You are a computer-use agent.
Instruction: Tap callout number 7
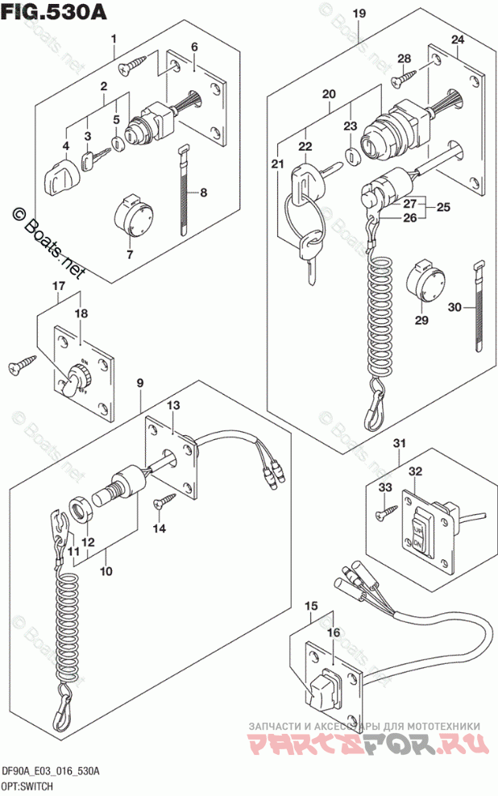[128, 255]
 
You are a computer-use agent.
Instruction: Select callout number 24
[457, 39]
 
